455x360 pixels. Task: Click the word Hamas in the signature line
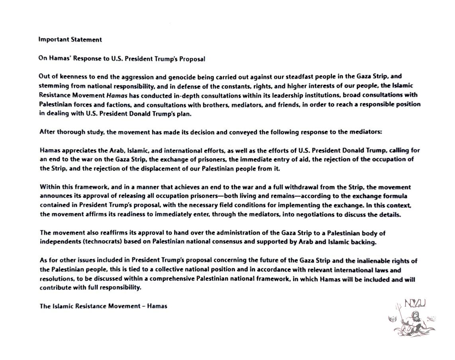[x=157, y=307]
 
